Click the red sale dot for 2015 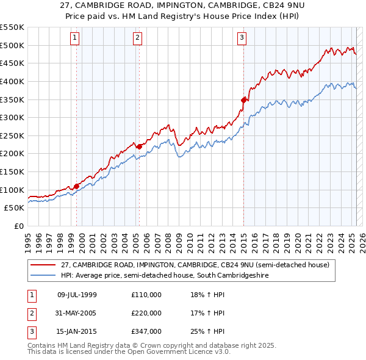243,99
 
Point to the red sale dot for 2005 139,146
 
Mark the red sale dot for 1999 76,186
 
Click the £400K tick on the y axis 13,81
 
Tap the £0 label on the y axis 18,226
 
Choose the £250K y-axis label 13,135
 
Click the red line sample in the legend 43,265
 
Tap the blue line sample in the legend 43,275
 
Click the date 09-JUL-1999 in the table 77,295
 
